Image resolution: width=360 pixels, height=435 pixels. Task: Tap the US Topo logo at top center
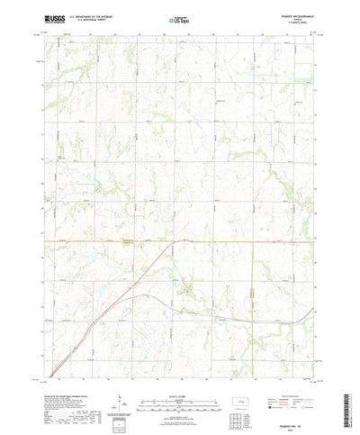179,16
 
